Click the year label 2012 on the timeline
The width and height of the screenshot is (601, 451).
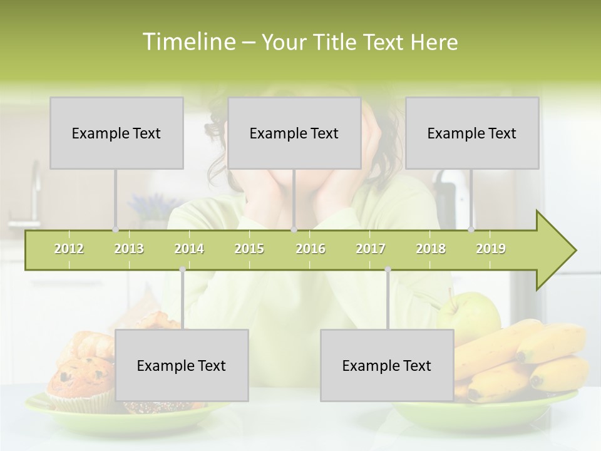[x=69, y=249]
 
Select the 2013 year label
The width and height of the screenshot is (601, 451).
[x=129, y=249]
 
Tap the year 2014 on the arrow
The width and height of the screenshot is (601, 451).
[x=189, y=249]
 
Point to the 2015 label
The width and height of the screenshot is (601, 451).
[x=249, y=249]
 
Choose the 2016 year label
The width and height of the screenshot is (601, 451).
[x=311, y=249]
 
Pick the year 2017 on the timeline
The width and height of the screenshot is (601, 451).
[x=371, y=249]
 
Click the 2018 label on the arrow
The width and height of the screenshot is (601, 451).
[x=431, y=249]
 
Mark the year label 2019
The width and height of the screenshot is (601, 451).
[x=491, y=249]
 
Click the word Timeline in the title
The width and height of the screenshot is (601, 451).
[x=188, y=42]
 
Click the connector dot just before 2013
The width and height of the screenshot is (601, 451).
[x=115, y=229]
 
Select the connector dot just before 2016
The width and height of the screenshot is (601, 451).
[x=294, y=229]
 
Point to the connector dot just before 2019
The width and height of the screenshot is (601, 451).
[x=471, y=229]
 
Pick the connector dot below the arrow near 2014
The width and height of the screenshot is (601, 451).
[x=182, y=270]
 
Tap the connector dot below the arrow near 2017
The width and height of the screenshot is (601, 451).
[x=388, y=270]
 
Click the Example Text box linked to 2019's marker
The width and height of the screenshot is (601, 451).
[x=472, y=133]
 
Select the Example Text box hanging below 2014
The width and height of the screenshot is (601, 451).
[x=182, y=365]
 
